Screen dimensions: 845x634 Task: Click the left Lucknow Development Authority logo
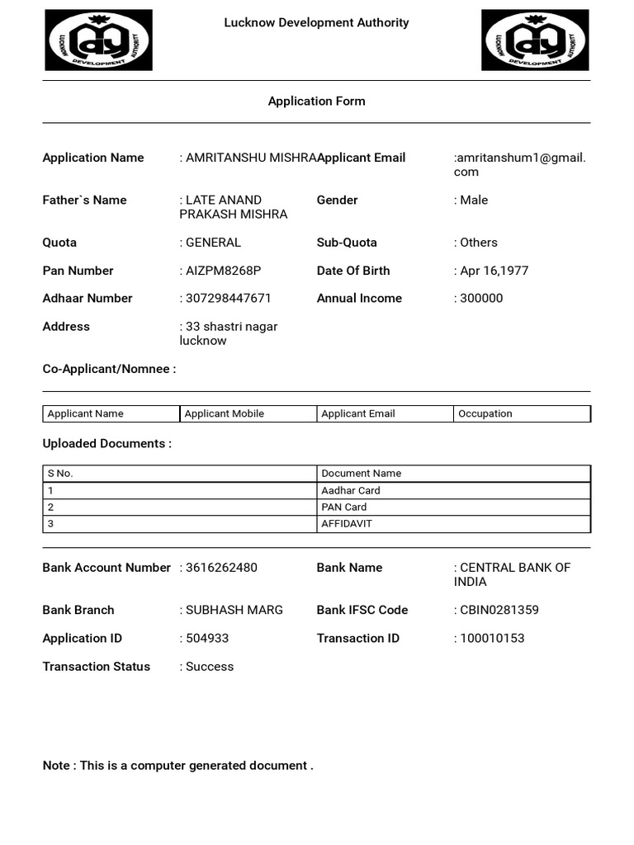click(x=98, y=40)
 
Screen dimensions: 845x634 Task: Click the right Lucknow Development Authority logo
click(x=535, y=40)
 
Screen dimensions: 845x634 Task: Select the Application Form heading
click(x=316, y=101)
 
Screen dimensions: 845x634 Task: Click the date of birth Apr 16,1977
click(x=493, y=271)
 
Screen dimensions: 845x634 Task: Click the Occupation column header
click(x=485, y=414)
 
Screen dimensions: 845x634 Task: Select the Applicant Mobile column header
click(x=225, y=414)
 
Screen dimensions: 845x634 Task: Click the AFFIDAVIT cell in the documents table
click(x=347, y=524)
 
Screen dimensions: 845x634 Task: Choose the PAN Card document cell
click(x=344, y=507)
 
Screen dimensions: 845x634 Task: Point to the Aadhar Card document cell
click(x=351, y=491)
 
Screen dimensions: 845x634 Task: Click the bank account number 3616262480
click(x=220, y=568)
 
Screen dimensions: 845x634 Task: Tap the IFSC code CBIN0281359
click(x=498, y=611)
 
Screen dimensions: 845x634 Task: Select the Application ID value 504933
click(x=206, y=639)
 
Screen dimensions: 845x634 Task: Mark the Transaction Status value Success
click(x=209, y=667)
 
